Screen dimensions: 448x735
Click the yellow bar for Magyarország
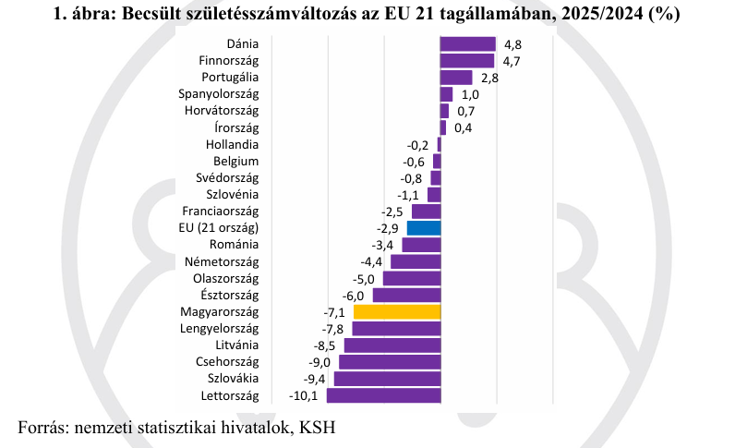(397, 311)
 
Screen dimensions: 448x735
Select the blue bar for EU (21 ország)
(424, 228)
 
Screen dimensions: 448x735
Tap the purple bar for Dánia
(468, 44)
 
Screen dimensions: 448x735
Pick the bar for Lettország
(384, 395)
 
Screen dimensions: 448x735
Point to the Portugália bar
(456, 78)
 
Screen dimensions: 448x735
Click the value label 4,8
(513, 44)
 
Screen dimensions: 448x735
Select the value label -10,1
(304, 396)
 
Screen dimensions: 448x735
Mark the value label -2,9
(388, 228)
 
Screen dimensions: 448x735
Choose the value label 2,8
(489, 79)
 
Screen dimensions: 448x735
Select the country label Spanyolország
(219, 94)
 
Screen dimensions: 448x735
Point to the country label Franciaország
(220, 212)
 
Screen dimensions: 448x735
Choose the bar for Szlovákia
(388, 379)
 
